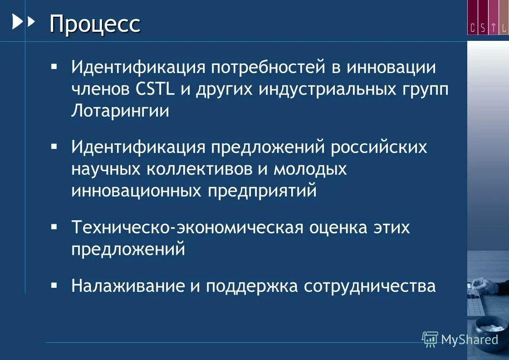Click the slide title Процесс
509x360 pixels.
coord(95,24)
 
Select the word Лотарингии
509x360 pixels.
coord(120,111)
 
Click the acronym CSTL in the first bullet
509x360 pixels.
coord(155,89)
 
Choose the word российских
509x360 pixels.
coord(379,148)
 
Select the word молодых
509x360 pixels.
coord(310,169)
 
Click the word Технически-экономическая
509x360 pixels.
coord(187,227)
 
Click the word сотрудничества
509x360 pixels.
coord(370,286)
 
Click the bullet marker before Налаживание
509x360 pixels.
coord(54,285)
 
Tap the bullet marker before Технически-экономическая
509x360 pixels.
coord(54,226)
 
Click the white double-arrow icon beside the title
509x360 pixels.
coord(23,21)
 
